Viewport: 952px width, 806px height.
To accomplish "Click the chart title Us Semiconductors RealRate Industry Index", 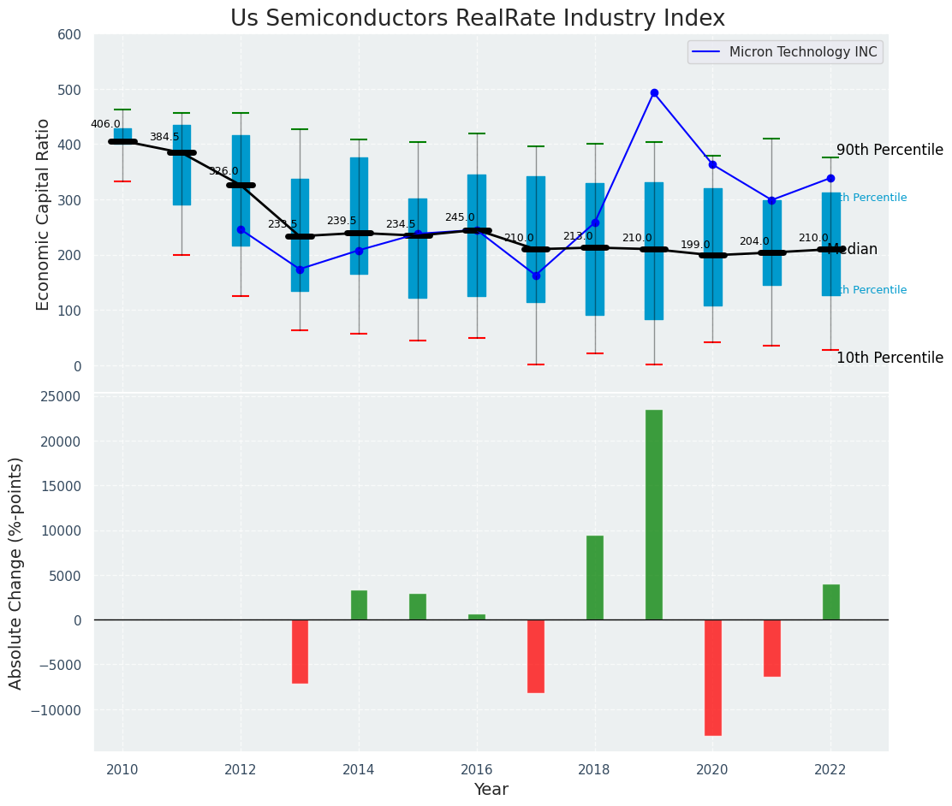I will click(477, 19).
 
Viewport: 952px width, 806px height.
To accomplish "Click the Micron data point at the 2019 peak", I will click(654, 92).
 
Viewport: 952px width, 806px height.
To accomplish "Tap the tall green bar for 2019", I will click(654, 514).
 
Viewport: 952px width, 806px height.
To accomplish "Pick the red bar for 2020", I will click(713, 677).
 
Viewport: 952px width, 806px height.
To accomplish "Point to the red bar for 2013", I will click(300, 651).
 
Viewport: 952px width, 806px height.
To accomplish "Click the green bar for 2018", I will click(595, 578).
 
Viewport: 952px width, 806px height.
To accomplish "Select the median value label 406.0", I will click(105, 124).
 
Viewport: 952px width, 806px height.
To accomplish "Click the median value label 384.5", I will click(164, 137).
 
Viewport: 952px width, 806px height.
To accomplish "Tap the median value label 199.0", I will click(695, 245).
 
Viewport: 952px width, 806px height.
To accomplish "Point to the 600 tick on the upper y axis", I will click(69, 35).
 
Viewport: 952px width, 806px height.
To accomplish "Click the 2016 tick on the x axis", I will click(477, 770).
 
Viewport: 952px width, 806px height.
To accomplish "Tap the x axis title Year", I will click(491, 790).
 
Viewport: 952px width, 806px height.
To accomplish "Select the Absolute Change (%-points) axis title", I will click(16, 572).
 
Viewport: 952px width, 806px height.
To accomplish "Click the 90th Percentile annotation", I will click(890, 151).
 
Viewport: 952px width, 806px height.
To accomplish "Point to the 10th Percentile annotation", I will click(890, 359).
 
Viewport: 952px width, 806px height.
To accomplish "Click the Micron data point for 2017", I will click(536, 276).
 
